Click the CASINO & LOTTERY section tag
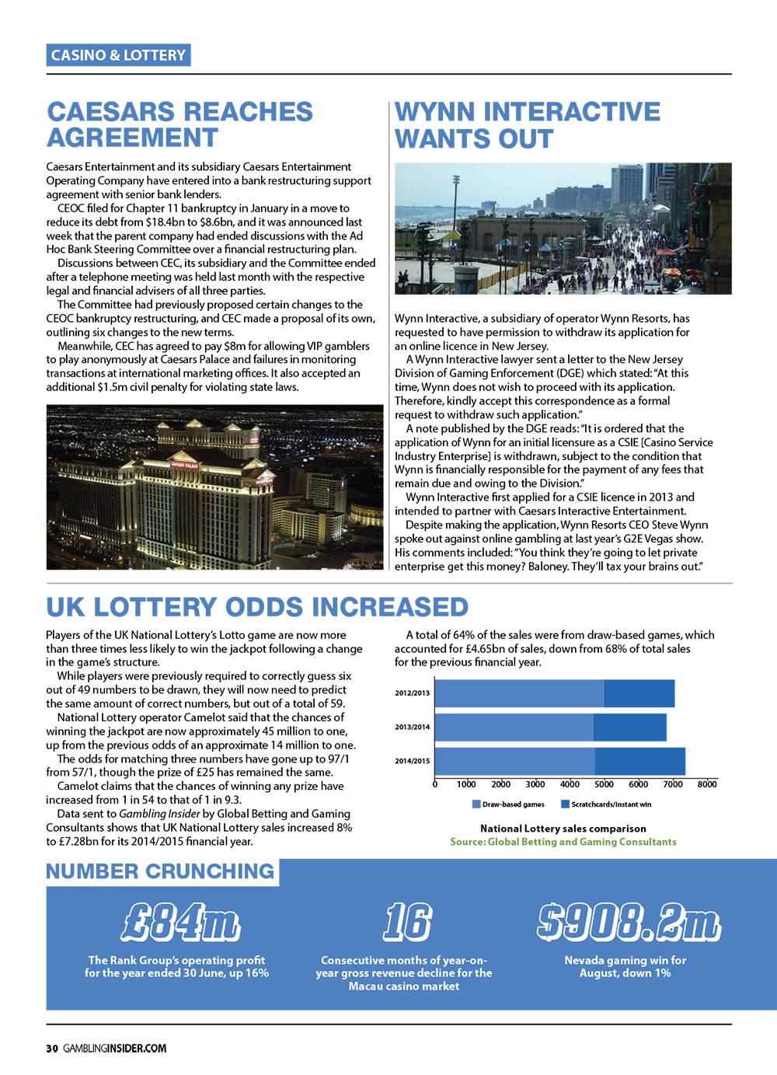click(x=118, y=54)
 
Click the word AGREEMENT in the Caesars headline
click(x=132, y=138)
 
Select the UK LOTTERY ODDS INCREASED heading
click(x=257, y=606)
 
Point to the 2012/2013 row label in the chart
click(x=412, y=693)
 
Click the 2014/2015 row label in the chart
click(x=412, y=761)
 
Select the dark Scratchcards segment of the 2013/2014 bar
click(x=630, y=728)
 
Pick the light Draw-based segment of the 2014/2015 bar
click(x=514, y=761)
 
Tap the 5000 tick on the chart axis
click(x=604, y=784)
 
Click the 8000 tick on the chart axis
click(x=706, y=784)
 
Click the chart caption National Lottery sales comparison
click(x=563, y=829)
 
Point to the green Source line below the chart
click(x=563, y=842)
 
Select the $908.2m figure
click(x=629, y=922)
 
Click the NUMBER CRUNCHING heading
click(x=160, y=871)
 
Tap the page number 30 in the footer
click(x=52, y=1048)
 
